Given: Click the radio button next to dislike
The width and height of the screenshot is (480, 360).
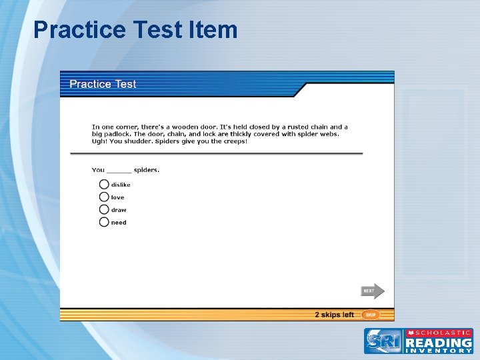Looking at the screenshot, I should coord(104,185).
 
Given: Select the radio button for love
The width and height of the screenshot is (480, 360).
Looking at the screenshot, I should coord(104,197).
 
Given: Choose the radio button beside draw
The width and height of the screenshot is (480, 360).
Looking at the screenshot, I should coord(104,210).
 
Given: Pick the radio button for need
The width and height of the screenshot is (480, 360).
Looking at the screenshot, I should coord(104,223).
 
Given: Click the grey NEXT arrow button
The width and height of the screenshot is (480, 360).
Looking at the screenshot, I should coord(372,291).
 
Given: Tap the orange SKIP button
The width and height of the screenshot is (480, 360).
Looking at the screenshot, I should coord(371,315).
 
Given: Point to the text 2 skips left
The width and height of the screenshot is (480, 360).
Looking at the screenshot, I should coord(334,315).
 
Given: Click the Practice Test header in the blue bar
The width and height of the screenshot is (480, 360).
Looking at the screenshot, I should coord(103,84).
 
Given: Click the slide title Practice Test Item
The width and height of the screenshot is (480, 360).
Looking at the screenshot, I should coord(135,30).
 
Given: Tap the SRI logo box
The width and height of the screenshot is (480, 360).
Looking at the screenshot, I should coord(383,341).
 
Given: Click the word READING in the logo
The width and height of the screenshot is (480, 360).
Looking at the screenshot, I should coord(439,341).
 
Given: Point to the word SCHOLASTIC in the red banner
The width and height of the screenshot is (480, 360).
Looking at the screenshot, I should coord(443,332).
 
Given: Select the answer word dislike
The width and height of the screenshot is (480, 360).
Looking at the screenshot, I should coord(121,185).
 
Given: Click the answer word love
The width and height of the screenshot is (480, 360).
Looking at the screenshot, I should coord(117,197).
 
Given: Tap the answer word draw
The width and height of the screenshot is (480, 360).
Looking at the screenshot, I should coord(119,210).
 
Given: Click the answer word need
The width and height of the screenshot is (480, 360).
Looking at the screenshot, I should coord(119,223).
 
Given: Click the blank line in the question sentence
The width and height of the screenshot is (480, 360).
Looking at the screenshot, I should coord(119,171).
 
